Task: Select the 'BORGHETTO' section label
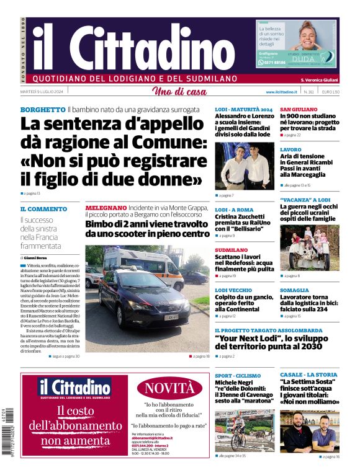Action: click(42, 109)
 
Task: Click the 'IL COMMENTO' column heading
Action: click(43, 209)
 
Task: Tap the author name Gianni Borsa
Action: click(39, 257)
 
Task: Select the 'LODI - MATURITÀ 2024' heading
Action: click(243, 109)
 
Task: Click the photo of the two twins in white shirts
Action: click(245, 166)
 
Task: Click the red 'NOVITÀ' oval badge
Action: click(169, 389)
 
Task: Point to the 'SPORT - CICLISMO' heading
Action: click(238, 375)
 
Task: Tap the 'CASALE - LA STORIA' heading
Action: click(308, 375)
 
